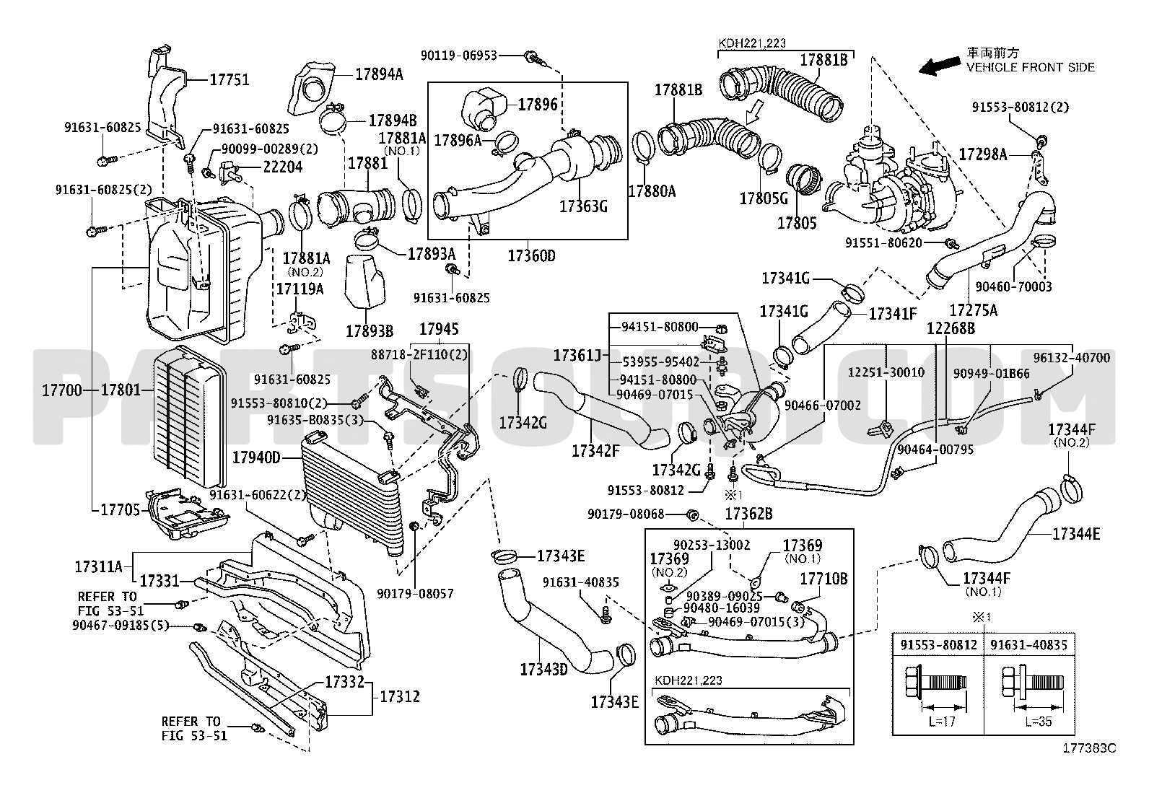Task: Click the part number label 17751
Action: [230, 79]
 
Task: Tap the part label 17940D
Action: [256, 457]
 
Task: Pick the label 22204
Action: [283, 167]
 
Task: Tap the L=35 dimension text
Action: [1038, 722]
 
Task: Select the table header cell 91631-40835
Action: [1029, 645]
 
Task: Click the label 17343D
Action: [543, 670]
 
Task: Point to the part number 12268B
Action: [951, 328]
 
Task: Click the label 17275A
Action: [973, 310]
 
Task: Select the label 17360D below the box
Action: [531, 255]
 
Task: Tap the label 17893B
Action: [370, 331]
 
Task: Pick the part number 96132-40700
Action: [1072, 357]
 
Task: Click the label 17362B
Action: [748, 514]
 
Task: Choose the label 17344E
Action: [1076, 534]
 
